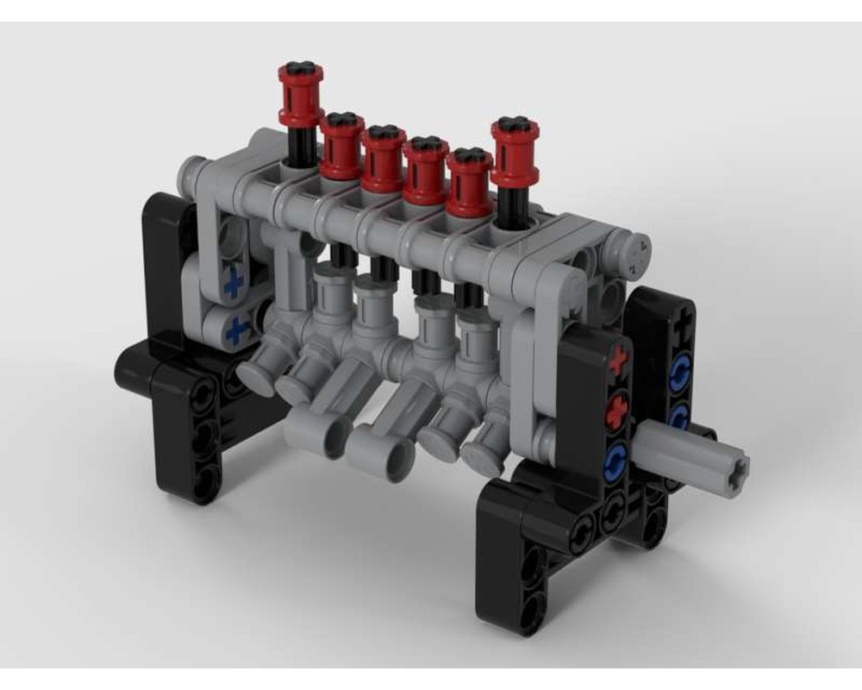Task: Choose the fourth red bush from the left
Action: (x=426, y=169)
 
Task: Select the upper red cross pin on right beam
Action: (x=617, y=364)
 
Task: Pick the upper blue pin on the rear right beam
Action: (x=681, y=372)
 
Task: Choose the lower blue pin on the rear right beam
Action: (x=678, y=416)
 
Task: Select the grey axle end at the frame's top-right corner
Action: (x=639, y=251)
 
